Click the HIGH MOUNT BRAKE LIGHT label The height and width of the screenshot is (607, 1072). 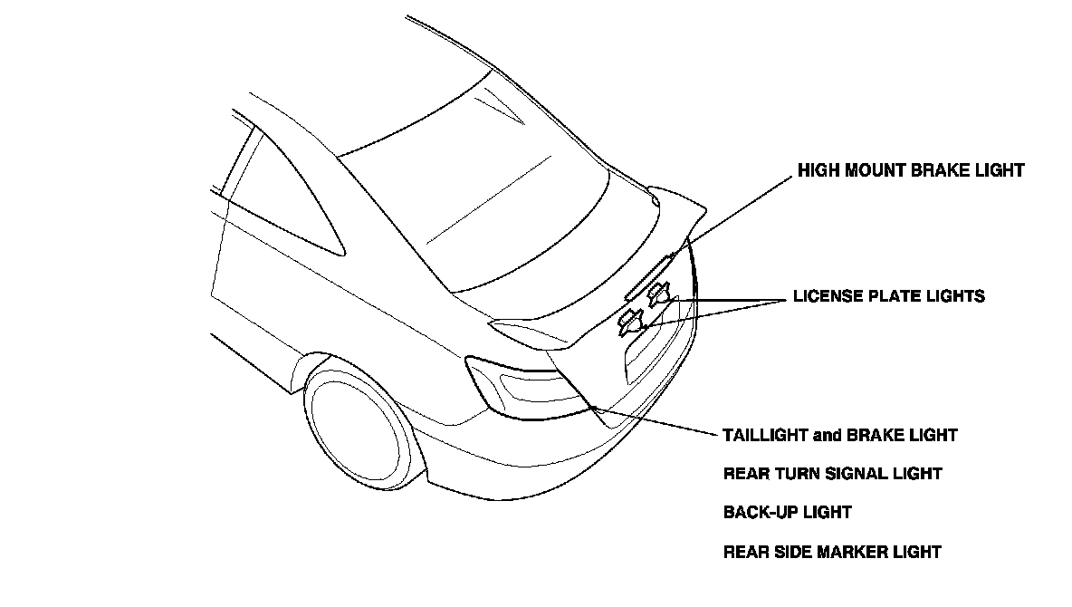(910, 170)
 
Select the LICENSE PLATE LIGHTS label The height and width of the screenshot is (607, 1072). (888, 296)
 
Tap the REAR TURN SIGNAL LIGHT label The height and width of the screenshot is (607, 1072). (833, 474)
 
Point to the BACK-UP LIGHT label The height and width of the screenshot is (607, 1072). (788, 513)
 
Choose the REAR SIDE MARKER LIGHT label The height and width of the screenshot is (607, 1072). (832, 552)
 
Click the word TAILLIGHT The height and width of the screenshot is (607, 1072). (766, 435)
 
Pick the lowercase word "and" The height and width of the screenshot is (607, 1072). (828, 435)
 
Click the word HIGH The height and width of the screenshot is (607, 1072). (818, 170)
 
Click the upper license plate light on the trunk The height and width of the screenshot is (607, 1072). (658, 293)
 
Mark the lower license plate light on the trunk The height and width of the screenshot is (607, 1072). (630, 321)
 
